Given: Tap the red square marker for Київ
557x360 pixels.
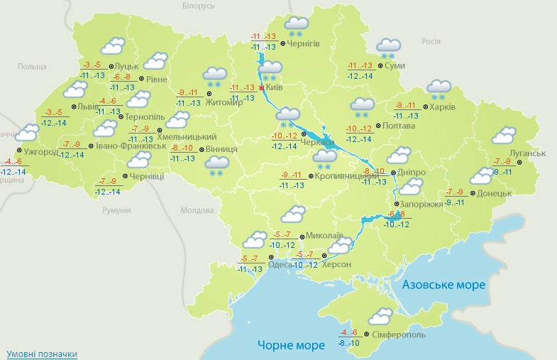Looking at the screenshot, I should click(x=261, y=87).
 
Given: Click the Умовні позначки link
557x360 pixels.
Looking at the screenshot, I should click(x=42, y=354).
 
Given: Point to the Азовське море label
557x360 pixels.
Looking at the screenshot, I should click(x=443, y=285).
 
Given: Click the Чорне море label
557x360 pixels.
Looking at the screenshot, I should click(x=291, y=345).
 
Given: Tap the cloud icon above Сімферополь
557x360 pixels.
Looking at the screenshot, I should click(x=380, y=316).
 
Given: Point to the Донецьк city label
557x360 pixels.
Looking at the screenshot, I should click(x=495, y=193).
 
